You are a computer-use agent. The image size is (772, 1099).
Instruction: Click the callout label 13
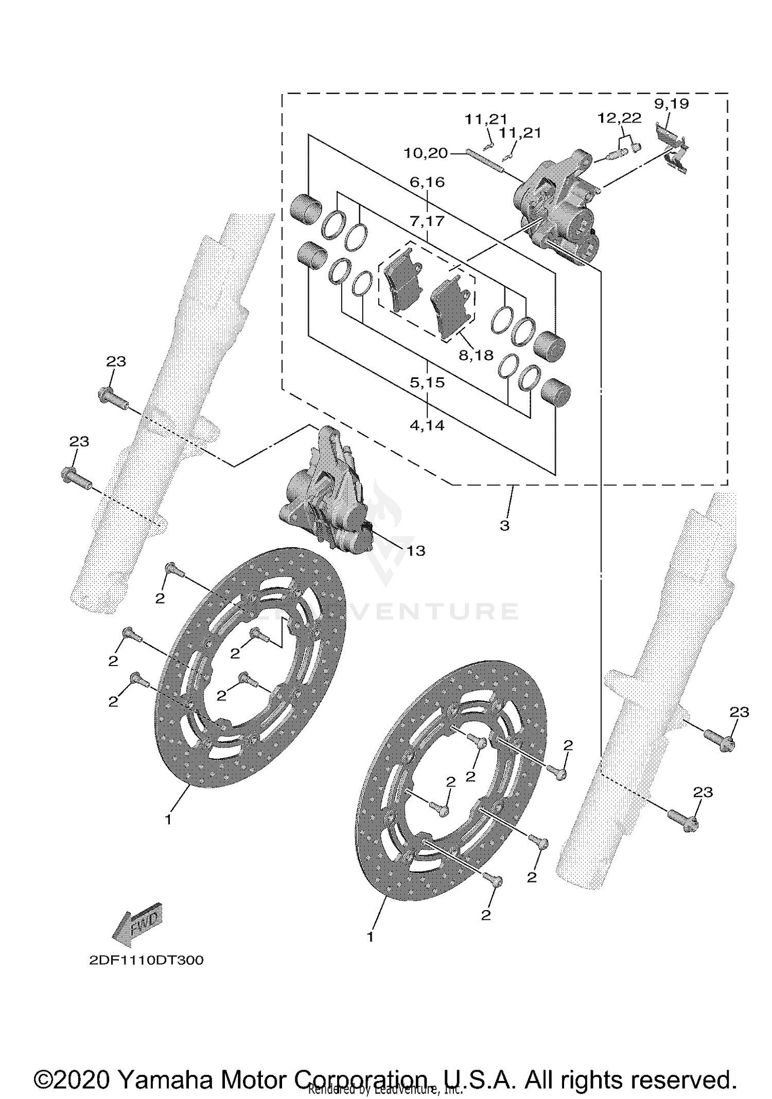416,551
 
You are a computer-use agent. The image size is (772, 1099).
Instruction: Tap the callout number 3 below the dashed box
504,526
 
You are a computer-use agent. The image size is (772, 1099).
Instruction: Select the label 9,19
671,103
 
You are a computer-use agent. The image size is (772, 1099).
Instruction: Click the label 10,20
425,153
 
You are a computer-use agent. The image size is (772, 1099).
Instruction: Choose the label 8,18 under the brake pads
476,355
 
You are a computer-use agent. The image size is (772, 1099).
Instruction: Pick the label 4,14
427,425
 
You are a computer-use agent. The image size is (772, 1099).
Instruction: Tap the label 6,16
427,182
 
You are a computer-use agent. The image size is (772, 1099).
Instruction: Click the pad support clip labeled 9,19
673,148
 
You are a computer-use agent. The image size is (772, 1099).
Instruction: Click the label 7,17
427,221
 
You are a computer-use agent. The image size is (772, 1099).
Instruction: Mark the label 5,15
427,382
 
